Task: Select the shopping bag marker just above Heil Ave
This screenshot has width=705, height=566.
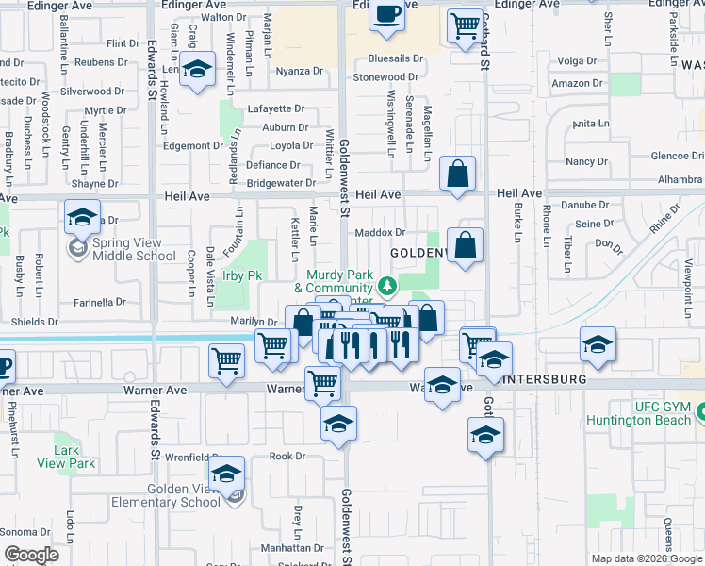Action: pos(457,175)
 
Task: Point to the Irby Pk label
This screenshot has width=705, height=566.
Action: pos(240,276)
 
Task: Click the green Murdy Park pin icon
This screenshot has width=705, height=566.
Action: pos(386,284)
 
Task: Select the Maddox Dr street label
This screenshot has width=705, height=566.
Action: pos(380,232)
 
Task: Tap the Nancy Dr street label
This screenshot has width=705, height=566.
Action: pos(586,161)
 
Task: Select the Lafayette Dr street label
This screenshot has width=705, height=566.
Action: pos(277,108)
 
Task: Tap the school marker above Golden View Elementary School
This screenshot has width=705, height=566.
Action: pos(226,474)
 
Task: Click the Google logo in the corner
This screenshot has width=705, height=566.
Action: pos(31,555)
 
